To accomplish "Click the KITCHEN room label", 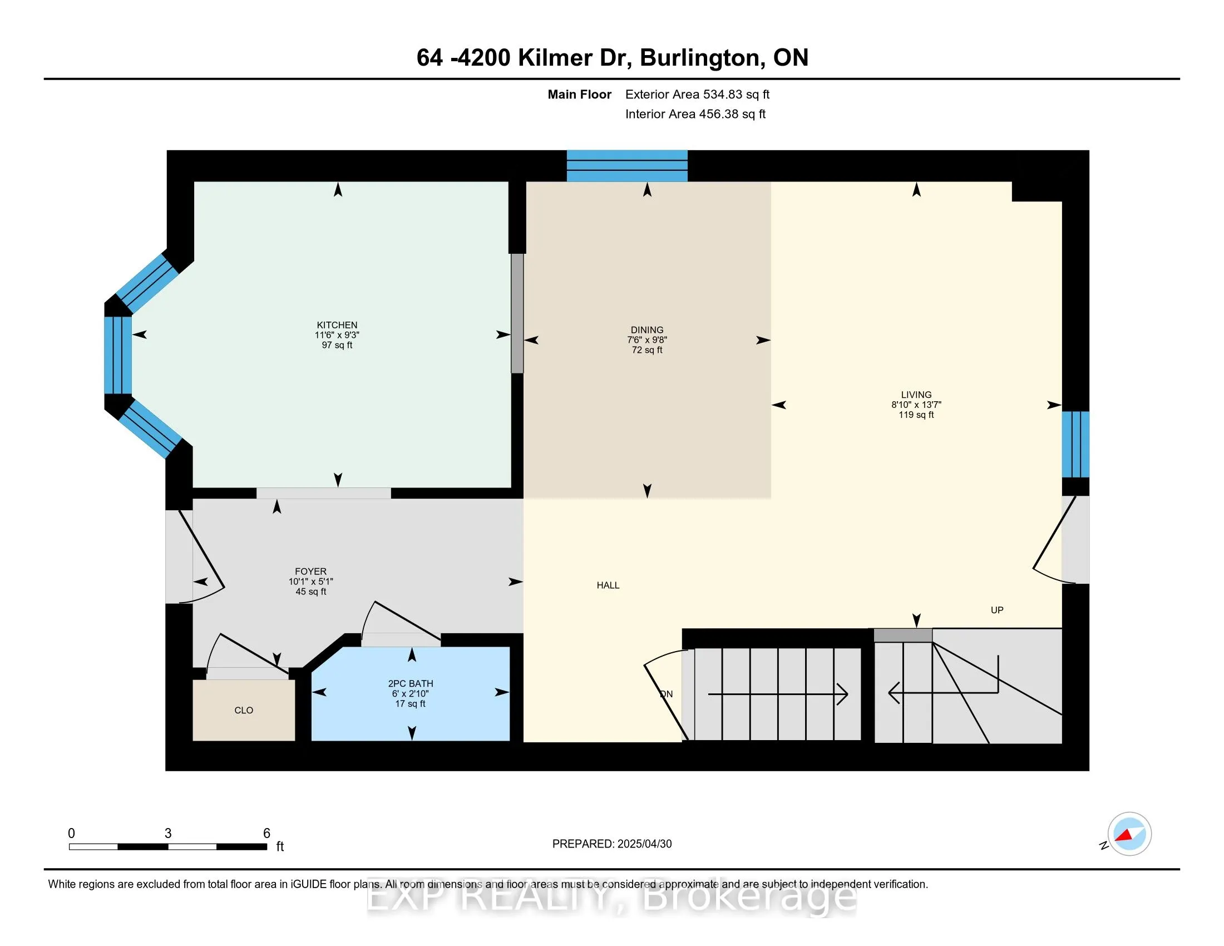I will pyautogui.click(x=337, y=325).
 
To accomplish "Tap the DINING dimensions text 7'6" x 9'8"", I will pyautogui.click(x=646, y=340).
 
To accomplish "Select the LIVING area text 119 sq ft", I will pyautogui.click(x=916, y=415).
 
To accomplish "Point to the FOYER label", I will pyautogui.click(x=310, y=571).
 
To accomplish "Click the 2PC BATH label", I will pyautogui.click(x=410, y=684).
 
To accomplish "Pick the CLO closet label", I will pyautogui.click(x=244, y=711).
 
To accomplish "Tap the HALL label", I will pyautogui.click(x=608, y=585).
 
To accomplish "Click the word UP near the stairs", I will pyautogui.click(x=996, y=610).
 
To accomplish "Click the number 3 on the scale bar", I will pyautogui.click(x=168, y=834).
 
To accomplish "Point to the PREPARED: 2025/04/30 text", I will pyautogui.click(x=611, y=844).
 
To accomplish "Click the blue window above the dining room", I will pyautogui.click(x=626, y=166).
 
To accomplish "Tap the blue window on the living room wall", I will pyautogui.click(x=1075, y=444).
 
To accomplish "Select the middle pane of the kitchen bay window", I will pyautogui.click(x=118, y=356).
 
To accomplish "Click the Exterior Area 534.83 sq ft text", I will pyautogui.click(x=697, y=95).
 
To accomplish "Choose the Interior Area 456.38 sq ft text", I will pyautogui.click(x=695, y=114).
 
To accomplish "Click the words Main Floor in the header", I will pyautogui.click(x=579, y=95).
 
